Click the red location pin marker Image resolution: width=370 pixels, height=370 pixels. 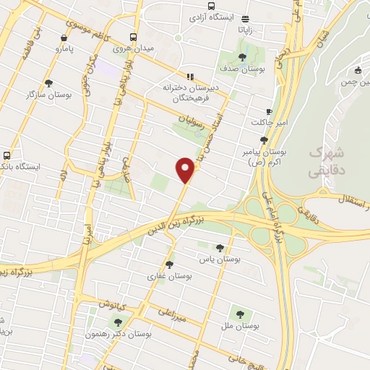[186, 170]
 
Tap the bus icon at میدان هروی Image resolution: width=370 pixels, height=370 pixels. [133, 38]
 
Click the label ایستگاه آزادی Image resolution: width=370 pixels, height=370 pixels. [211, 15]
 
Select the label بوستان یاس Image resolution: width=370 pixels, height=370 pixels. [222, 257]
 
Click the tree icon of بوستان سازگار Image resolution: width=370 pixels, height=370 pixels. [48, 83]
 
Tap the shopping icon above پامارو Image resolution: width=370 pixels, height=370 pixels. [65, 38]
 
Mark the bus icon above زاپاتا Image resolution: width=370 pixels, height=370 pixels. [247, 20]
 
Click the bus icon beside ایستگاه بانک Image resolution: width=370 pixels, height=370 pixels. [7, 155]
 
